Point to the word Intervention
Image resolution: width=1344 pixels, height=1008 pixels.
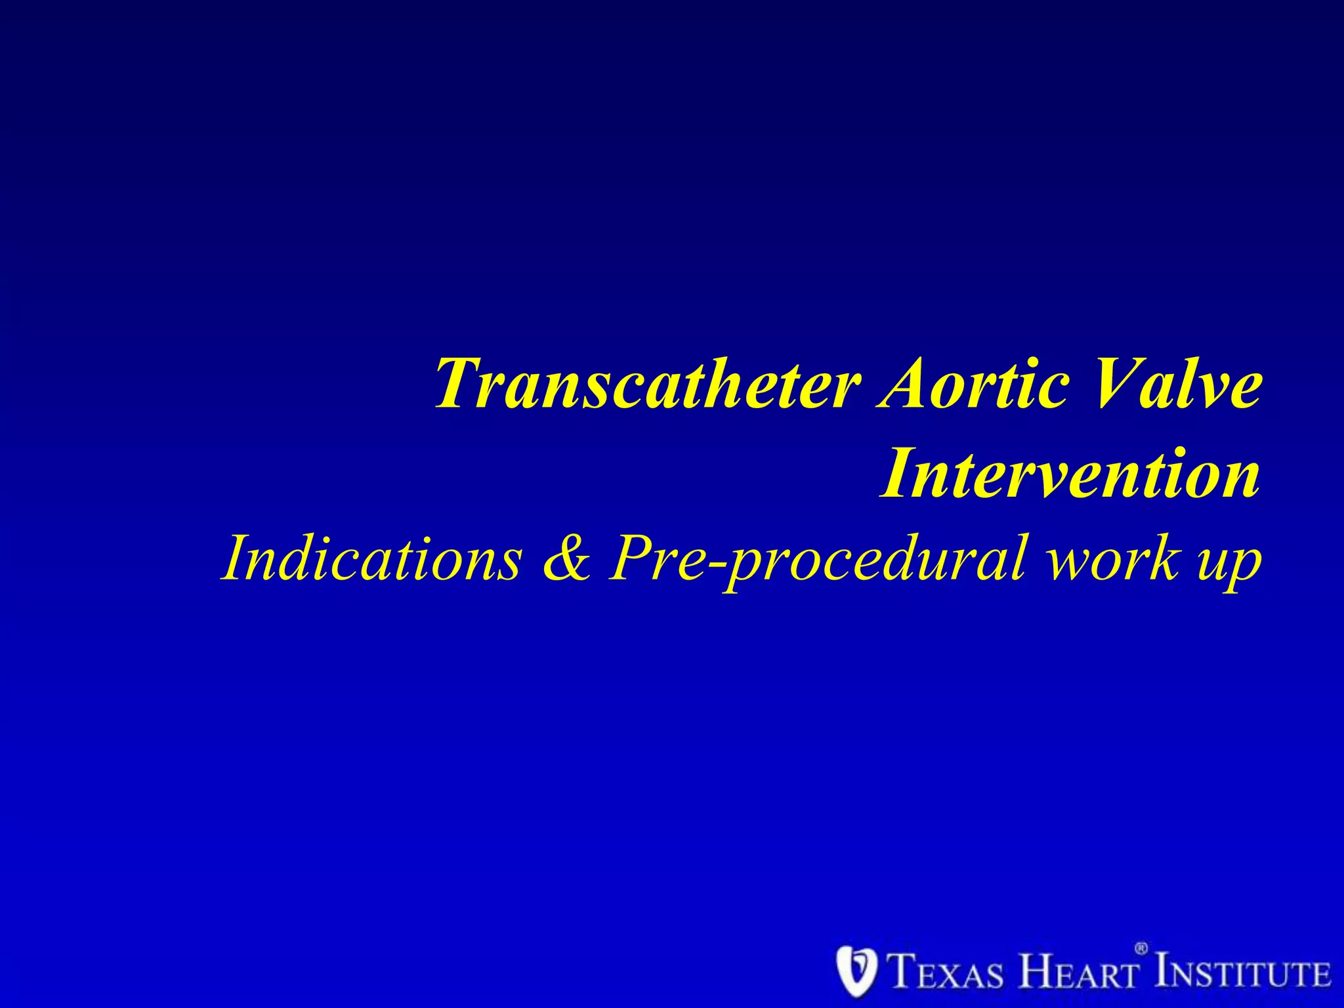point(1070,472)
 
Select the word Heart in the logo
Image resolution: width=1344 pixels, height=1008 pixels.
point(1076,972)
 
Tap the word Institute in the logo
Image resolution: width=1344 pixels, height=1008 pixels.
point(1244,972)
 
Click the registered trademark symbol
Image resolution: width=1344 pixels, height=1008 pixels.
point(1141,949)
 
